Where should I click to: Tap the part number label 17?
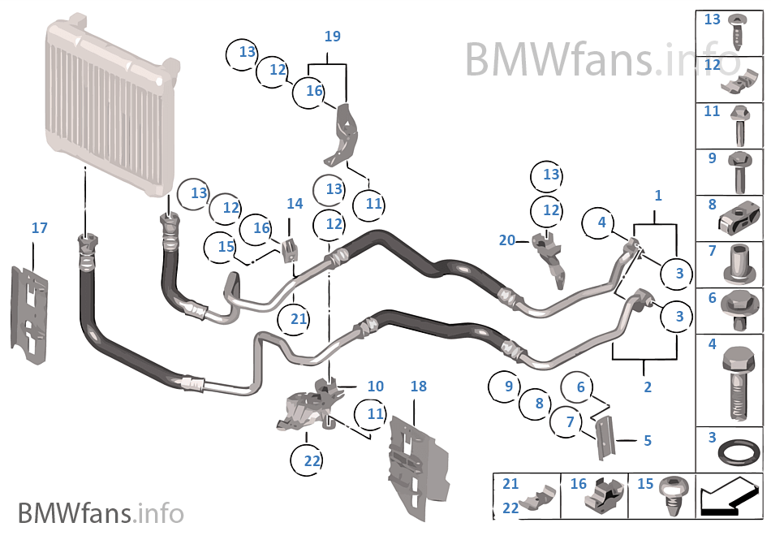39,228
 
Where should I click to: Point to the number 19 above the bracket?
332,37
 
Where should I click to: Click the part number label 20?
507,240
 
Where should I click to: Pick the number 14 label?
294,204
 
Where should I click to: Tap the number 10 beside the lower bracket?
375,387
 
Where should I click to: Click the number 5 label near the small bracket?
647,441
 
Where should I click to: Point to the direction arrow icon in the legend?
730,496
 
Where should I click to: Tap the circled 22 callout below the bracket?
312,460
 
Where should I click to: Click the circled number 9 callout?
508,387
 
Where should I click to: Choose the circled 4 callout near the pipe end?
601,222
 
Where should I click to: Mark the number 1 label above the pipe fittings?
658,196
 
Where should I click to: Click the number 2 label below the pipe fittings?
647,387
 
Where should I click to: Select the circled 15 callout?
225,245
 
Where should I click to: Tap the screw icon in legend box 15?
671,496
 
